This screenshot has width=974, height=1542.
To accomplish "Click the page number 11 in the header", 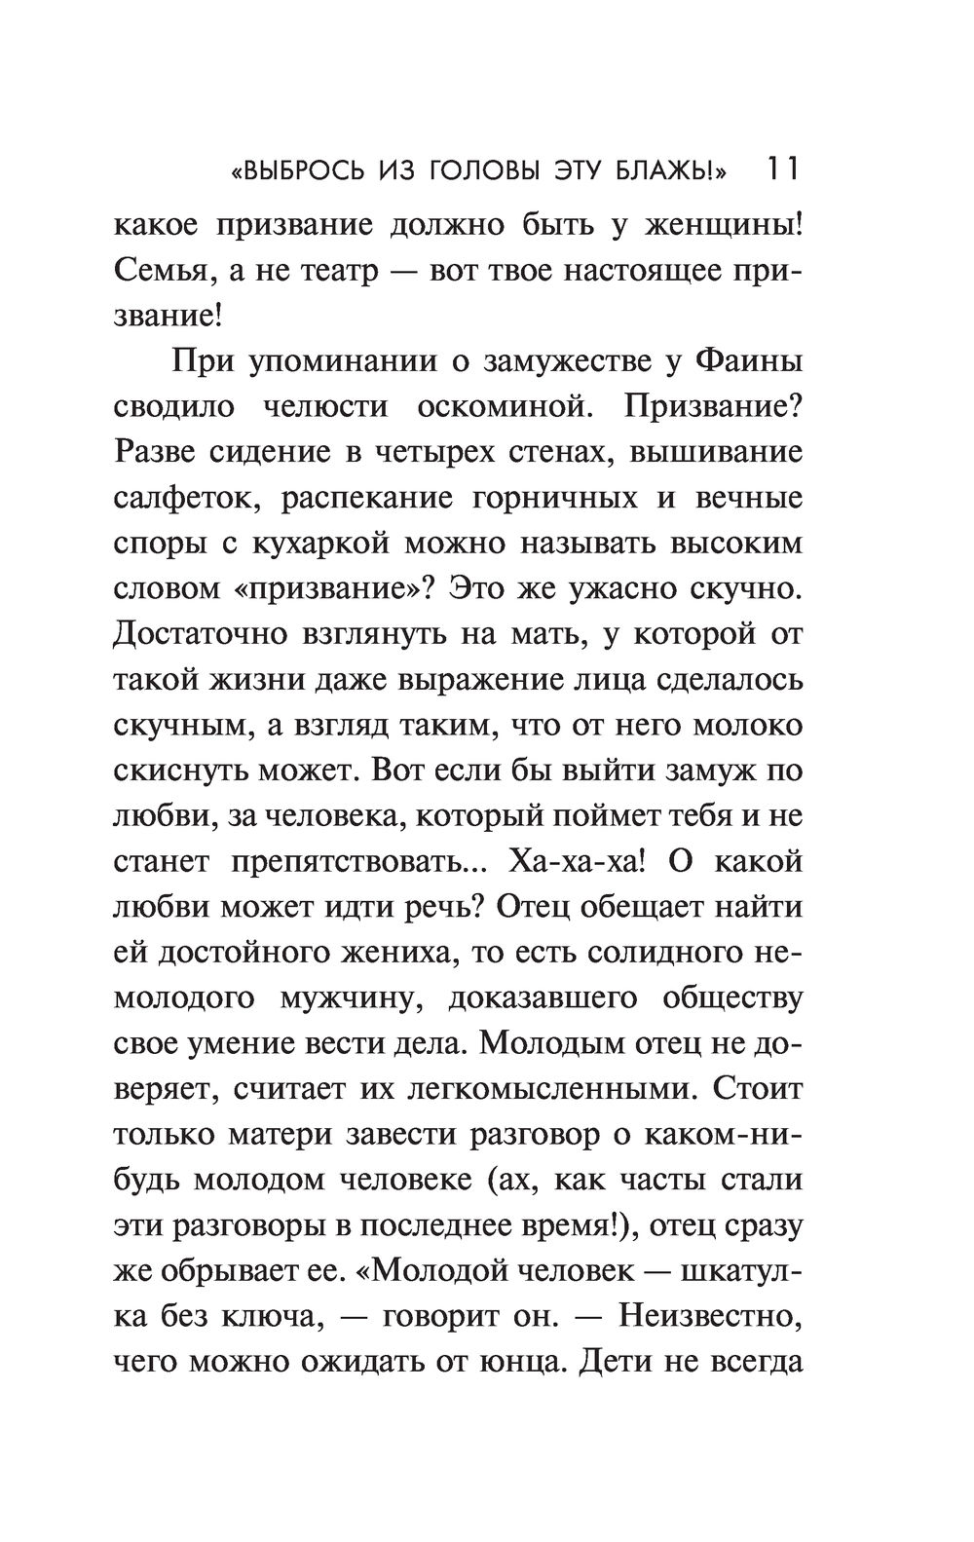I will pos(782,169).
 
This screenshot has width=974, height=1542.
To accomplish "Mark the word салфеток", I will pos(187,498).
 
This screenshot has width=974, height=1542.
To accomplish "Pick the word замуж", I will pos(708,771).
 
